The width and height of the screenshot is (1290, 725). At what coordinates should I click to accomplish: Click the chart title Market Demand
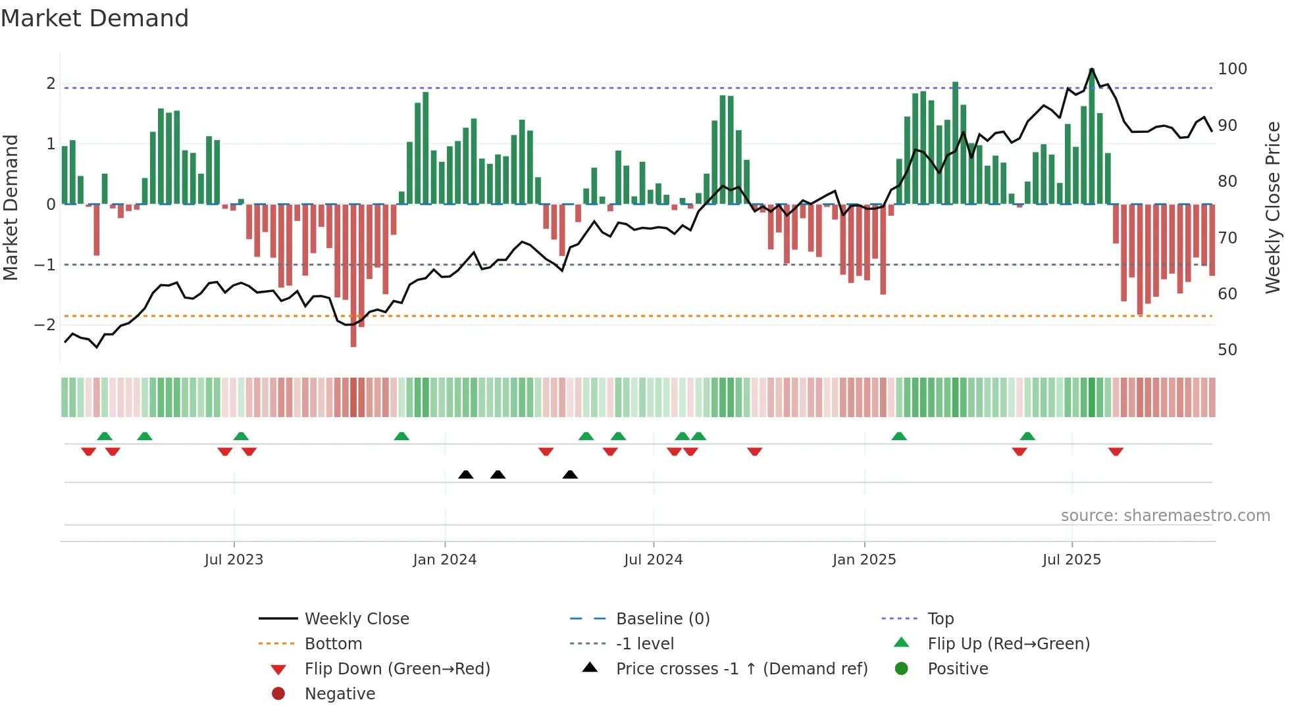coord(95,18)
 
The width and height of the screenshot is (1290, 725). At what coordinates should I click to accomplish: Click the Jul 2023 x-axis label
coord(234,560)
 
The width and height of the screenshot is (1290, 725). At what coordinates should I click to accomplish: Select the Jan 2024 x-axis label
coord(445,560)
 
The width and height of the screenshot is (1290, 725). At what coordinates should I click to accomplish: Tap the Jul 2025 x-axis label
coord(1071,560)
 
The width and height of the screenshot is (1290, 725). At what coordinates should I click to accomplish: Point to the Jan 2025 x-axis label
coord(864,560)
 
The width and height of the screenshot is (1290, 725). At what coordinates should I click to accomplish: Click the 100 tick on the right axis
coord(1232,69)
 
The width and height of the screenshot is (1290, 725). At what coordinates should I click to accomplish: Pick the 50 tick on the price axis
coord(1227,350)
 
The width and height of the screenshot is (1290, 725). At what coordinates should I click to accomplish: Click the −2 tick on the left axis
coord(45,324)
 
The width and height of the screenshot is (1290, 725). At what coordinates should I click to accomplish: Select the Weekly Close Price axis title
coord(1273,207)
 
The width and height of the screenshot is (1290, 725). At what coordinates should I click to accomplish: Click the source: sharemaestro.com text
coord(1165,516)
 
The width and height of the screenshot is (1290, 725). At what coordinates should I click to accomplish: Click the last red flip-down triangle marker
coord(1116,451)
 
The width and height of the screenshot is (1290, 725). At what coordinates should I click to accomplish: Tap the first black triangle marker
coord(466,474)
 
